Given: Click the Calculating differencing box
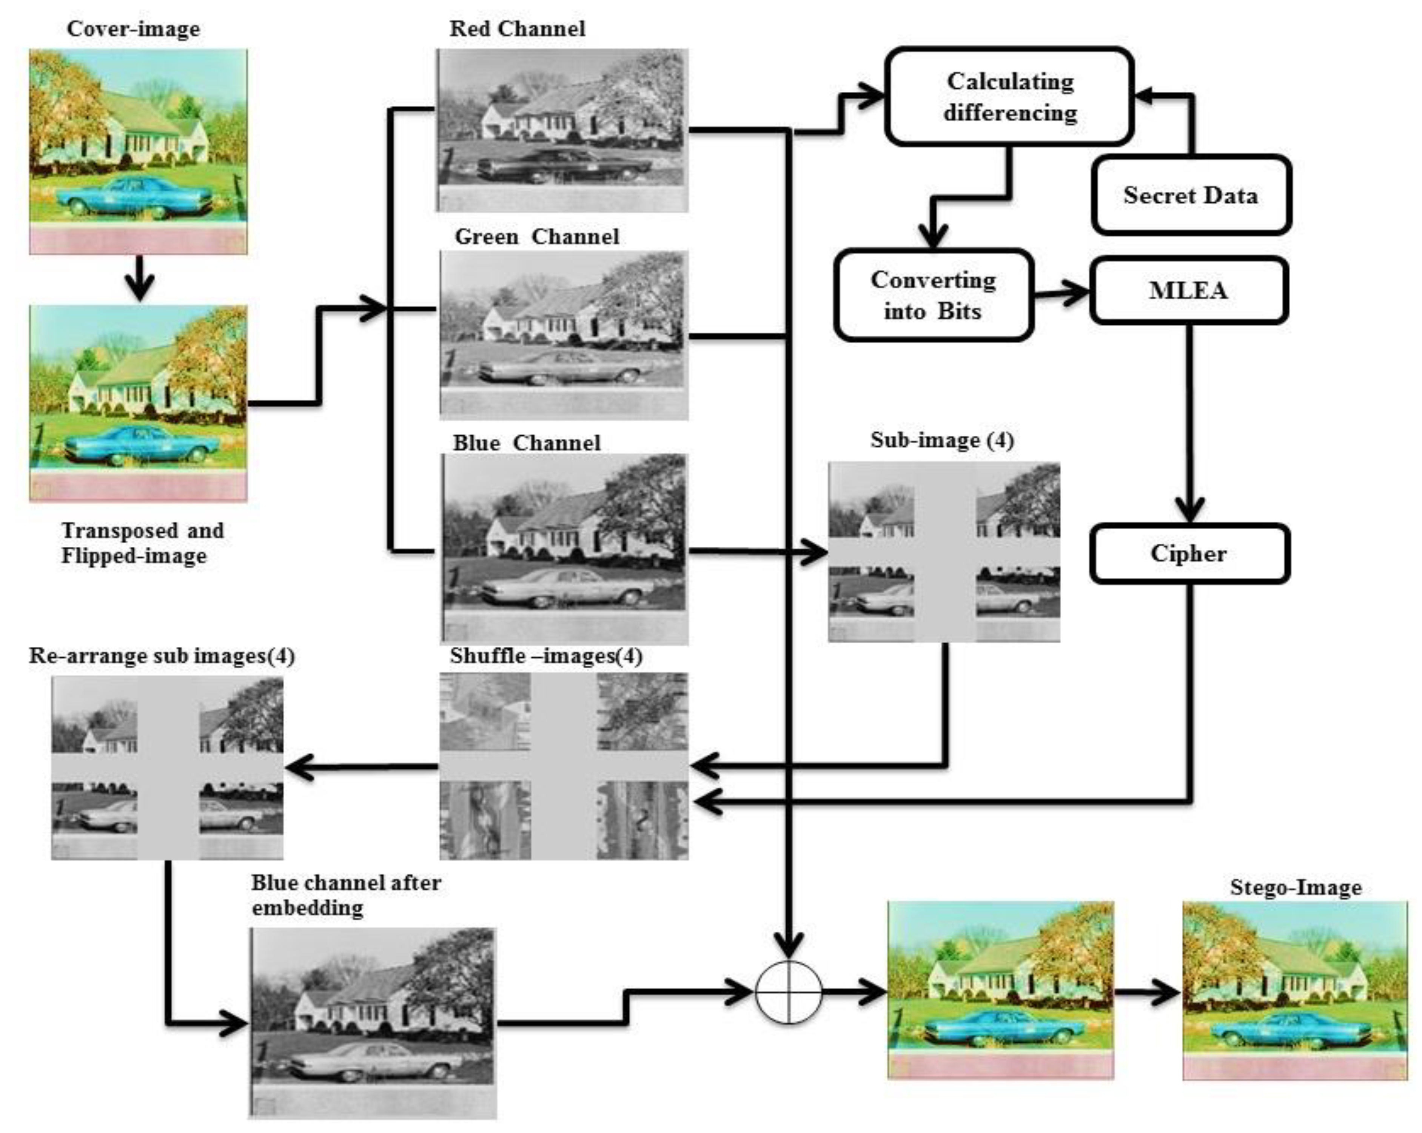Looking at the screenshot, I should [1009, 96].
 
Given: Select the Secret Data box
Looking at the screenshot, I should [1191, 195].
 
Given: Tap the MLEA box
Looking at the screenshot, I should [1188, 290].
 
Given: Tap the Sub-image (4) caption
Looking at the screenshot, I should [942, 440].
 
